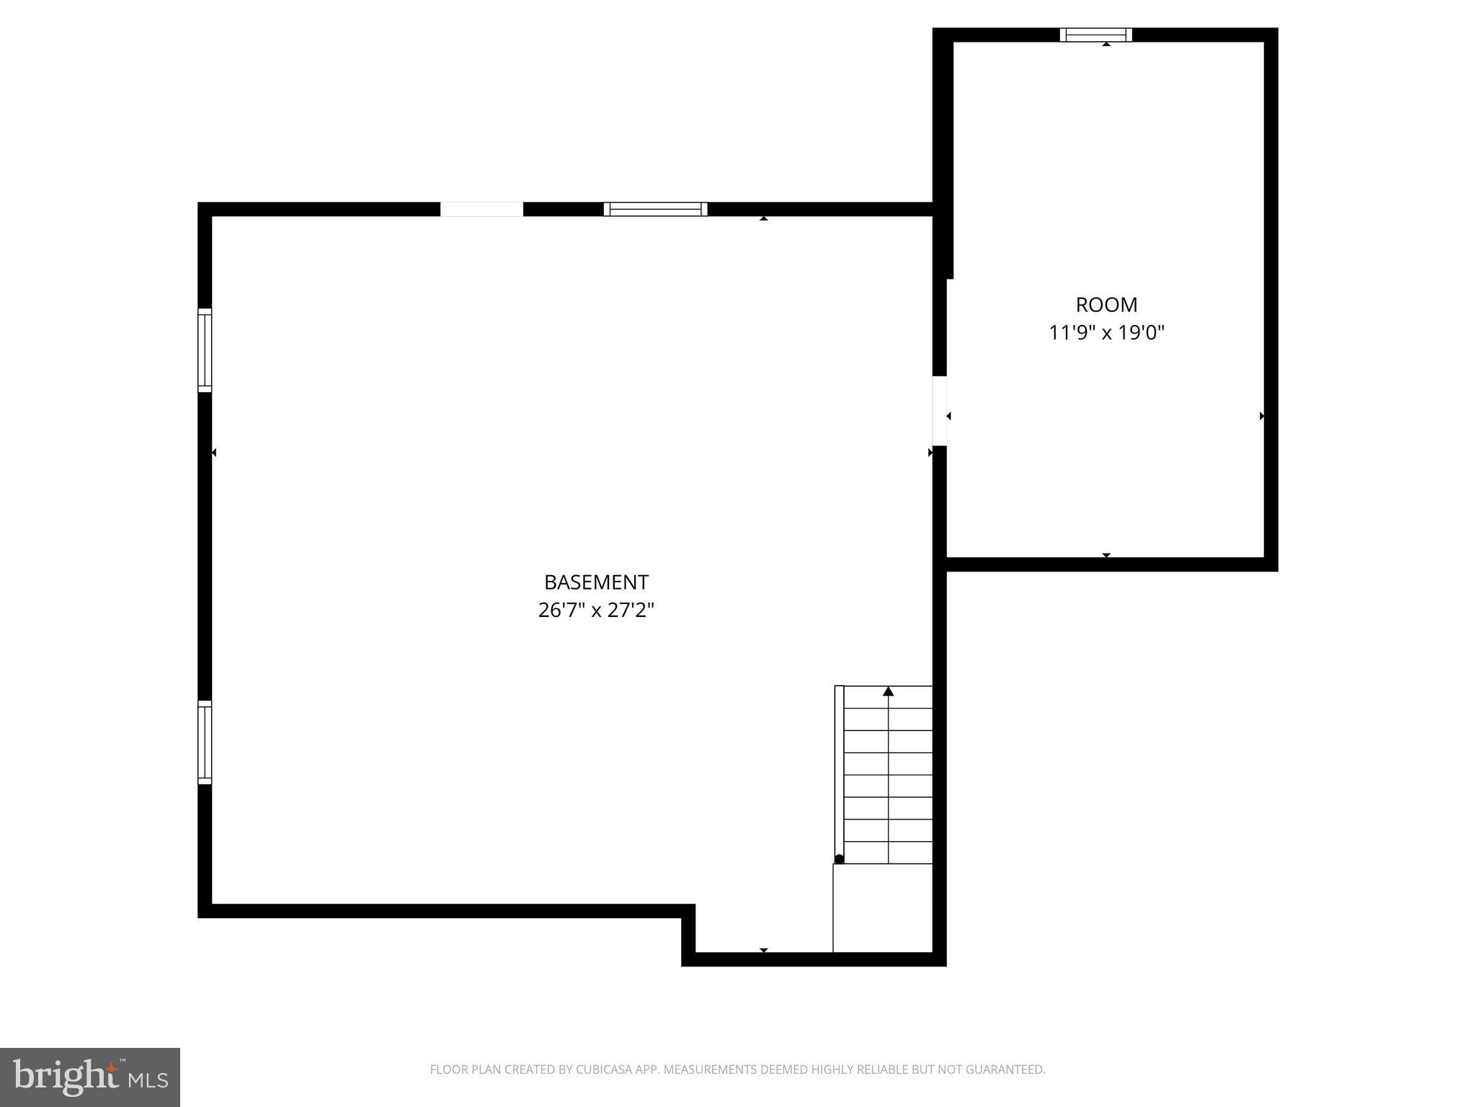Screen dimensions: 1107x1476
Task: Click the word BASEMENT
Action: pyautogui.click(x=596, y=582)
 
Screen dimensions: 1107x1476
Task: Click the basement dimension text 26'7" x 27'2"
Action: pyautogui.click(x=596, y=610)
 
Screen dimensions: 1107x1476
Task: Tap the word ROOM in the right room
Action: pyautogui.click(x=1106, y=305)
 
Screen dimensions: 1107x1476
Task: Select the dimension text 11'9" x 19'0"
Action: pyautogui.click(x=1106, y=333)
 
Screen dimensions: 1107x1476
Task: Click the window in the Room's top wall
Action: pyautogui.click(x=1095, y=35)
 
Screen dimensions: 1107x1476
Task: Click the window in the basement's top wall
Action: pyautogui.click(x=655, y=209)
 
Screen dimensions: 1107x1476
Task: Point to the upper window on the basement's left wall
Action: pyautogui.click(x=205, y=350)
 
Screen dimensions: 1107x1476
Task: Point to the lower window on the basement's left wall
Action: pyautogui.click(x=205, y=742)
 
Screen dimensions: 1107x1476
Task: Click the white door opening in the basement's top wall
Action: pyautogui.click(x=481, y=209)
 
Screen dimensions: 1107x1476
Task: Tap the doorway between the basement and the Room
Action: pyautogui.click(x=939, y=411)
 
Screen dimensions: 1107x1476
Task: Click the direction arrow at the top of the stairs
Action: pyautogui.click(x=888, y=692)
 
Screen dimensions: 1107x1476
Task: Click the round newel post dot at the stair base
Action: pyautogui.click(x=839, y=859)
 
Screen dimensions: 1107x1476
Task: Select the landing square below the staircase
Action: pyautogui.click(x=882, y=908)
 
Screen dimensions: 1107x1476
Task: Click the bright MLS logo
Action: pyautogui.click(x=90, y=1077)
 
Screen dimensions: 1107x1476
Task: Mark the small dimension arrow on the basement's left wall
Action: pyautogui.click(x=214, y=453)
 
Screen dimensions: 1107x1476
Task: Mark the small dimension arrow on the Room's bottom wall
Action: pyautogui.click(x=1106, y=555)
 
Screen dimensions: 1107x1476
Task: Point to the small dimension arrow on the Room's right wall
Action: pyautogui.click(x=1261, y=416)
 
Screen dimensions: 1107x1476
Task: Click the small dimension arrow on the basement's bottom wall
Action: pyautogui.click(x=763, y=950)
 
